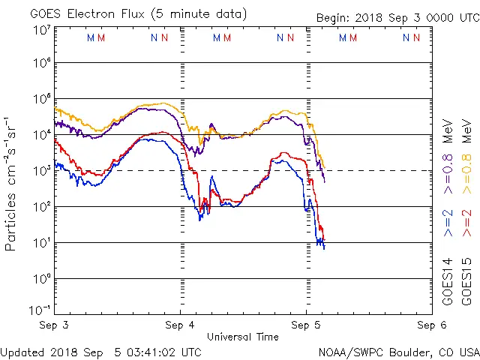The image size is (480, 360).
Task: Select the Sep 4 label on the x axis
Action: click(180, 326)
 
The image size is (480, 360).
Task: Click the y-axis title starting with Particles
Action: click(13, 184)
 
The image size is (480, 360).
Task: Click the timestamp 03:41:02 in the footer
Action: click(153, 352)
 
